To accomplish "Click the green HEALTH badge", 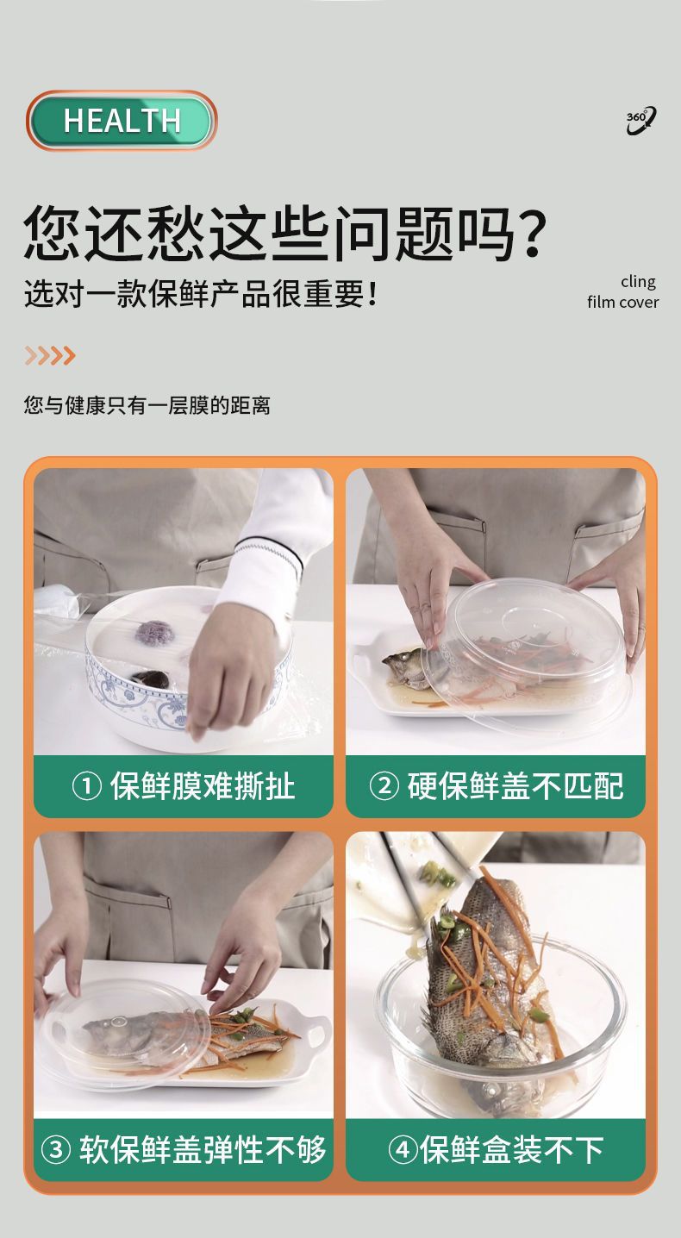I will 122,121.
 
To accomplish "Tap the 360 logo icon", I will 640,120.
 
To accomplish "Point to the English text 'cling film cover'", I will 623,292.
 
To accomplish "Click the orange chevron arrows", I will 50,355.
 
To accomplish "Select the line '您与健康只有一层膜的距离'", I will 147,405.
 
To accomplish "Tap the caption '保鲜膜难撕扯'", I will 203,786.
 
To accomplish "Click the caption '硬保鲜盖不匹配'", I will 515,786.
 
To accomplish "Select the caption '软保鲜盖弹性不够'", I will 203,1150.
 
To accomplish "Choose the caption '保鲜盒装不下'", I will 512,1150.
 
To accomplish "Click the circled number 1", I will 86,787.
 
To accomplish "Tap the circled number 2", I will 384,787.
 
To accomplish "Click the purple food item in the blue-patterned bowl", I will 154,634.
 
